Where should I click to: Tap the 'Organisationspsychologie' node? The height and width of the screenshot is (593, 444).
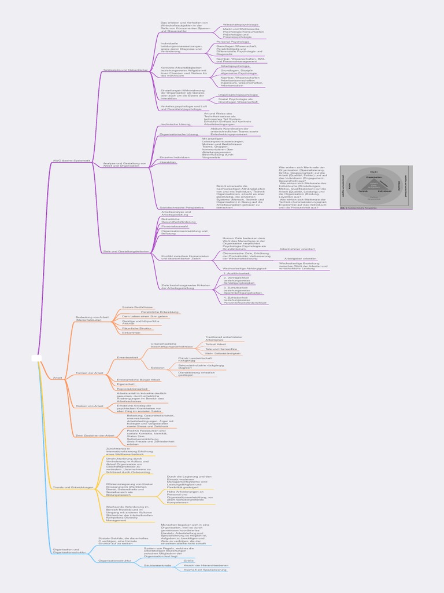[x=238, y=94]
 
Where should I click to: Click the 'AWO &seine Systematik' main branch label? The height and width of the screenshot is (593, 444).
[x=72, y=160]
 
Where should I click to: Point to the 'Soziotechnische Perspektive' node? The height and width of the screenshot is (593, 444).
[x=182, y=207]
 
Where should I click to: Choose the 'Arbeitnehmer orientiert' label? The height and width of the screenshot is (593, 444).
[x=297, y=249]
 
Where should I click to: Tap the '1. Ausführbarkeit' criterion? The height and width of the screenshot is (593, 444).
[x=236, y=273]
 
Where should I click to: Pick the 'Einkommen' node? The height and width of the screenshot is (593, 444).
[x=131, y=332]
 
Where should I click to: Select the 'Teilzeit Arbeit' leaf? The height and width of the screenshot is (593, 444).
[x=216, y=344]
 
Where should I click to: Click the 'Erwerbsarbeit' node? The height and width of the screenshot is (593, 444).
[x=127, y=358]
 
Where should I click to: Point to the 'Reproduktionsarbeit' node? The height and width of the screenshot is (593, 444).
[x=132, y=389]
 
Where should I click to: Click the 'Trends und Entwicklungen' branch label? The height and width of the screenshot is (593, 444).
[x=73, y=488]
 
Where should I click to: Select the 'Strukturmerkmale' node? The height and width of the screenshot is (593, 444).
[x=158, y=565]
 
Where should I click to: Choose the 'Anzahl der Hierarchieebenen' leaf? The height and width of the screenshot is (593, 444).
[x=206, y=565]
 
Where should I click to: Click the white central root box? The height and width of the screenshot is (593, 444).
[x=37, y=358]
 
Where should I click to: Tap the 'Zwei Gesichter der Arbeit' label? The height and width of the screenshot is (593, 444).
[x=94, y=435]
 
